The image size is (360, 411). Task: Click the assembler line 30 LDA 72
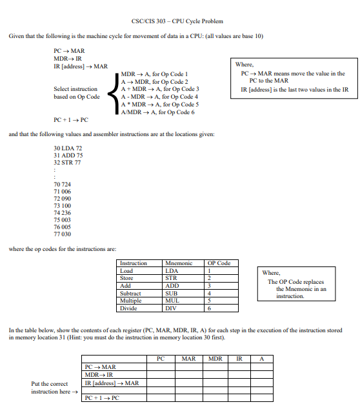point(68,148)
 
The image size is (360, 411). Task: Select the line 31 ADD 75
point(68,155)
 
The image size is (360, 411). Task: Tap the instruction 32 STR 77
point(68,163)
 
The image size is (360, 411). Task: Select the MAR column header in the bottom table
point(189,357)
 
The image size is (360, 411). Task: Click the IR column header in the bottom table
point(239,357)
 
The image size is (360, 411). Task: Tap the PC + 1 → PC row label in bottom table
point(103,398)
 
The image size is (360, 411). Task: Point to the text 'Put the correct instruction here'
point(54,388)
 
